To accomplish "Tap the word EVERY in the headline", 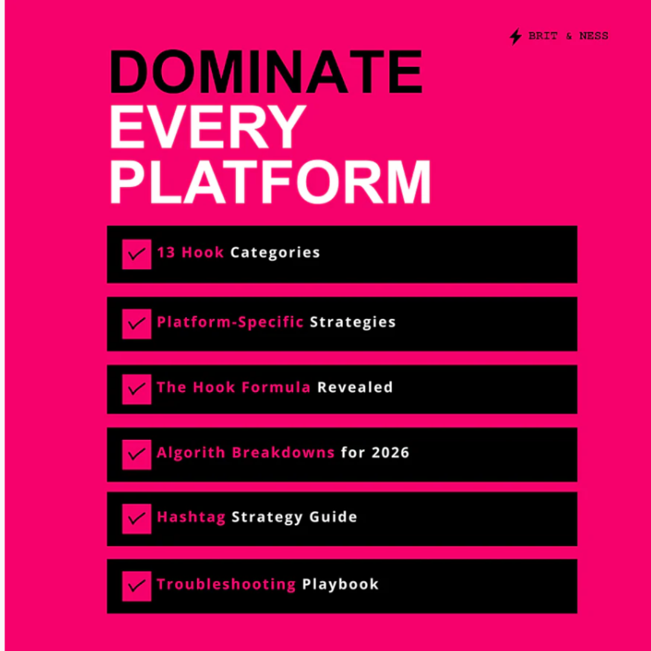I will [208, 127].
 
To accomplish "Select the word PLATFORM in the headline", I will [270, 183].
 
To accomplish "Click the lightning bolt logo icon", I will [515, 37].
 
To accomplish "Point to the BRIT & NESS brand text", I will [568, 36].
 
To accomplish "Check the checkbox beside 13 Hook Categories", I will [136, 254].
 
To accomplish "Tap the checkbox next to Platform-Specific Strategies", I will [136, 324].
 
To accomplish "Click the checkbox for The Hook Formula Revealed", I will [136, 389].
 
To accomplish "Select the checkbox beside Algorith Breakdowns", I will [136, 454].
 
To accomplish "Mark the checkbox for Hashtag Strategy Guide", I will [136, 518].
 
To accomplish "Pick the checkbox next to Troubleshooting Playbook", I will [136, 585].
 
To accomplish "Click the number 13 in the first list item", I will [166, 253].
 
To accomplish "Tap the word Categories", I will [275, 253].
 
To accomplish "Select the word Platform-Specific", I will [230, 322].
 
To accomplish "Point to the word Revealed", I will [355, 388].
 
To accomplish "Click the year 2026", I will [390, 453].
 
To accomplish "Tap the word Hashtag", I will [190, 518].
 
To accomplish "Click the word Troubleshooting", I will [226, 584].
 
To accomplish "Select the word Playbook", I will [340, 584].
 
